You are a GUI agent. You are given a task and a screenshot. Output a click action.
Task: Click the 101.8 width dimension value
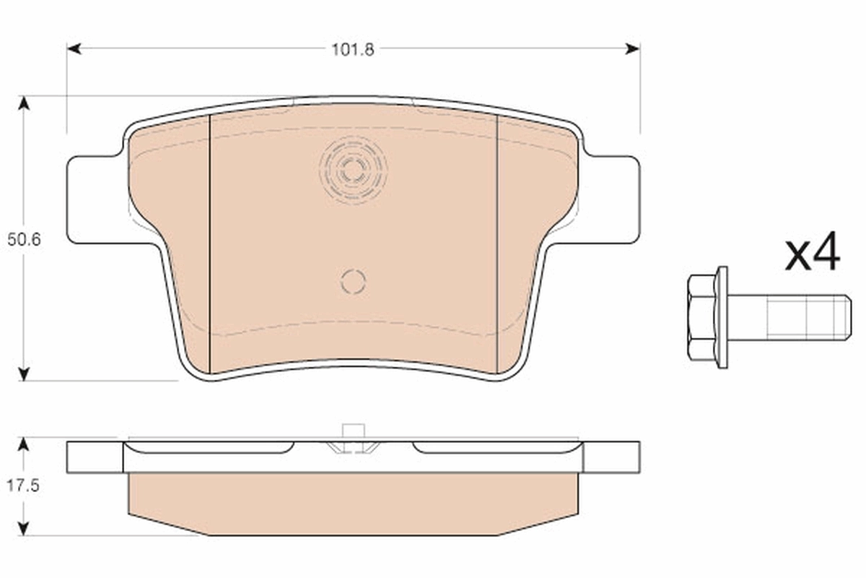(352, 51)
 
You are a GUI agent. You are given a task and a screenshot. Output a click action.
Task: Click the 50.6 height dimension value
(24, 240)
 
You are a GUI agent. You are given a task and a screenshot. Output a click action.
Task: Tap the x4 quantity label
(813, 252)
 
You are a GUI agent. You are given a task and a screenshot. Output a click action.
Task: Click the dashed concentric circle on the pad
(353, 171)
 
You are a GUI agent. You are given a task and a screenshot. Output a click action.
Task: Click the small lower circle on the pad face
(353, 281)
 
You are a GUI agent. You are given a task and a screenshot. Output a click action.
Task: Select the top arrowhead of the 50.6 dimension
(25, 103)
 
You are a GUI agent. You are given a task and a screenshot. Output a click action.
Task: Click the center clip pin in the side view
(352, 436)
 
